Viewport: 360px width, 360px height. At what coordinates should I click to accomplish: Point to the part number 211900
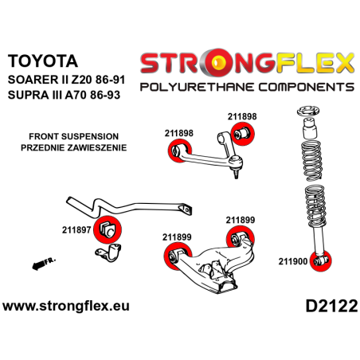[x=295, y=260]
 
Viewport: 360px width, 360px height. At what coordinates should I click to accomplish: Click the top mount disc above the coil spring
[x=307, y=111]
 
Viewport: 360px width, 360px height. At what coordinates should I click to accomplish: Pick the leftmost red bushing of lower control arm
[x=170, y=255]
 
